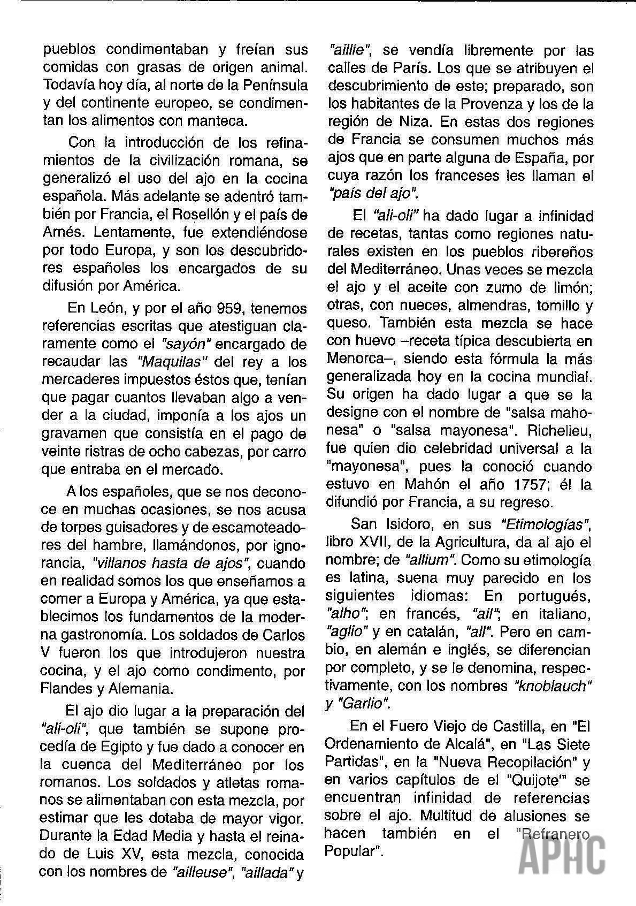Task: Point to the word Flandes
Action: point(67,688)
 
